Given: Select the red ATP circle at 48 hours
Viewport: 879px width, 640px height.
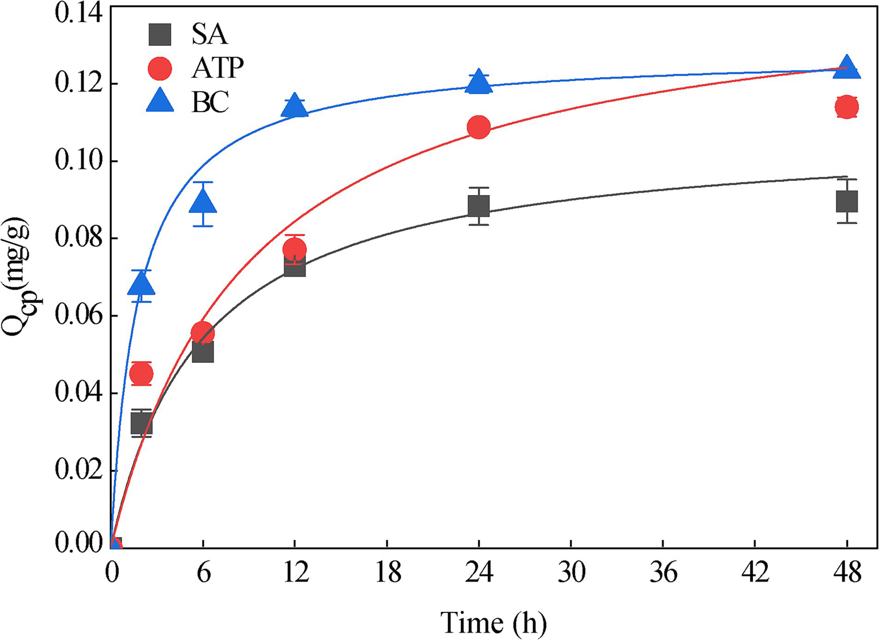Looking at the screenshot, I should (846, 107).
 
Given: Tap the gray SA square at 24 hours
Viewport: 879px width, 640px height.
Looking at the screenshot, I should (479, 206).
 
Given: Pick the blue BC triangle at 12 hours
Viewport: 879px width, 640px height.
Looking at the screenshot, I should (294, 106).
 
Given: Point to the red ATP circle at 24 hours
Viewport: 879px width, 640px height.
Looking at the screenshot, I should (479, 127).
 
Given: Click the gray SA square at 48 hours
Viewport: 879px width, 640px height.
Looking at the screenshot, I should (846, 202).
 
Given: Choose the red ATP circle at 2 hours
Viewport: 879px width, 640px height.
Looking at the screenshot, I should (141, 374).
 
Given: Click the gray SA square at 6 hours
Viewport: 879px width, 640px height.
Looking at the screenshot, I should (203, 351).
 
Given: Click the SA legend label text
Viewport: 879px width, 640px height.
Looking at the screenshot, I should (210, 34).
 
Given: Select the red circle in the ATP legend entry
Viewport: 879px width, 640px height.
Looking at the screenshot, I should (160, 69).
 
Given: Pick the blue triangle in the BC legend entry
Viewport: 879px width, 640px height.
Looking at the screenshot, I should (160, 102).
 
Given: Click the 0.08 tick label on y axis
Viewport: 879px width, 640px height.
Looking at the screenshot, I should (79, 238).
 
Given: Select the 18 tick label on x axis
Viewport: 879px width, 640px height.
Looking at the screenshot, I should (388, 572).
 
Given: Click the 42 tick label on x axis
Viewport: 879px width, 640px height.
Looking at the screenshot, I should (755, 572).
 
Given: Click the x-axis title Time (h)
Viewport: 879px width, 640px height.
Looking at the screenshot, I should (493, 622).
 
